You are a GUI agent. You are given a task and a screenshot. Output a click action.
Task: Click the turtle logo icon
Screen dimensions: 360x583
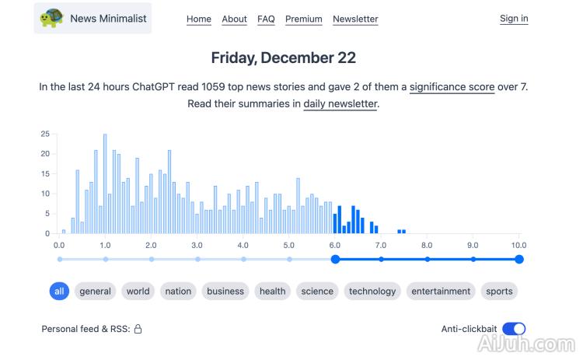(52, 18)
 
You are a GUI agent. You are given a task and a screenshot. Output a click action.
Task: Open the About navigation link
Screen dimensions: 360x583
(234, 19)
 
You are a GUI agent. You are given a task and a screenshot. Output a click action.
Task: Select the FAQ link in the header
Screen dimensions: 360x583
(266, 19)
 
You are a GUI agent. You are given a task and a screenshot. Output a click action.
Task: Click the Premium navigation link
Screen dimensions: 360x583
(304, 19)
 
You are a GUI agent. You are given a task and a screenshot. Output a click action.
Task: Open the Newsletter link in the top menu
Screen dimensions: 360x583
(355, 19)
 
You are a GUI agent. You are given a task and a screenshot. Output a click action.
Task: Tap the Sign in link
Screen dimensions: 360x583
(514, 19)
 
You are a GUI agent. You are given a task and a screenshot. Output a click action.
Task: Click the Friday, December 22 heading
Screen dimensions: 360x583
(284, 58)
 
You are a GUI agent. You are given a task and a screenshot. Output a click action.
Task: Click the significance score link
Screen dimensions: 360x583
(452, 86)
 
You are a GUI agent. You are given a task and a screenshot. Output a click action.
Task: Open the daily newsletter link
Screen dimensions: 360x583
(340, 103)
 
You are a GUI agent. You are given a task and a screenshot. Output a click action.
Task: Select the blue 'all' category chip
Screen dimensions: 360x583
(59, 292)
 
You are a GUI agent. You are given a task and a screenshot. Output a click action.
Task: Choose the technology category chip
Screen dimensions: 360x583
(372, 292)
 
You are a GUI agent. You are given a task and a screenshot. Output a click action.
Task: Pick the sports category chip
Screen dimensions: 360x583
(499, 292)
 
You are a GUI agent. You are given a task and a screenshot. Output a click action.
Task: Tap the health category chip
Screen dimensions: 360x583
(273, 292)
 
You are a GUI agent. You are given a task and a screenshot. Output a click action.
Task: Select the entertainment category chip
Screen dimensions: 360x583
(441, 292)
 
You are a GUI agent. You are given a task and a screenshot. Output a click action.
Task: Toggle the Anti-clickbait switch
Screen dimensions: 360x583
(514, 329)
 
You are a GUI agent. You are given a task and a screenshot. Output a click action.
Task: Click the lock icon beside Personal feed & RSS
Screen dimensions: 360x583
(138, 329)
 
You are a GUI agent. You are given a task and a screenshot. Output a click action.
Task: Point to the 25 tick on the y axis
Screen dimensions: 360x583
(45, 134)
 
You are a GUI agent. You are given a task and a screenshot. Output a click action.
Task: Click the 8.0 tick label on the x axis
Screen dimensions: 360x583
(427, 244)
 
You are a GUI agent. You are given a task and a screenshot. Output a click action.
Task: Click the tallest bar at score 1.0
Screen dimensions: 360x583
(105, 183)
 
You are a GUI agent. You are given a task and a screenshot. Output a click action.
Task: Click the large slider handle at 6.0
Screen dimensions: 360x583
(335, 259)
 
